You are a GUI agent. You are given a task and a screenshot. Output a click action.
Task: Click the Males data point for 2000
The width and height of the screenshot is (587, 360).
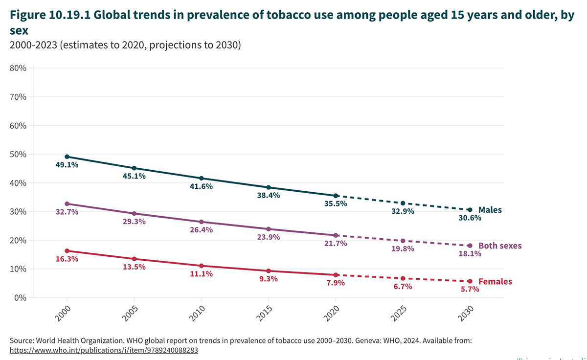pyautogui.click(x=67, y=157)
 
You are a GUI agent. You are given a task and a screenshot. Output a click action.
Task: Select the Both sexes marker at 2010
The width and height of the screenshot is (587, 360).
pyautogui.click(x=202, y=222)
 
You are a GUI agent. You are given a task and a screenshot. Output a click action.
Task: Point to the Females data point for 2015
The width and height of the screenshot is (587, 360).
pyautogui.click(x=269, y=271)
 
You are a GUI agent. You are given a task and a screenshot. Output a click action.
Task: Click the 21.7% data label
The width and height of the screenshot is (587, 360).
pyautogui.click(x=336, y=243)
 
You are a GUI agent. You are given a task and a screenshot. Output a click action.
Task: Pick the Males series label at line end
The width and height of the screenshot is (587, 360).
pyautogui.click(x=490, y=210)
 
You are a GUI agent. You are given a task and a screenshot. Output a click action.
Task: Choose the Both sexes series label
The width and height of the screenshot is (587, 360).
pyautogui.click(x=500, y=246)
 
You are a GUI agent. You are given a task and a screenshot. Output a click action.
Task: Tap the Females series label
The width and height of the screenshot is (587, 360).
pyautogui.click(x=495, y=282)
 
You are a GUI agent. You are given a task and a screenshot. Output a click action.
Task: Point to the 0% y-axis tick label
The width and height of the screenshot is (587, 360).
pyautogui.click(x=20, y=297)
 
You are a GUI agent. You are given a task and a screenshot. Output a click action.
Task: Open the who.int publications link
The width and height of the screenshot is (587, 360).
pyautogui.click(x=104, y=350)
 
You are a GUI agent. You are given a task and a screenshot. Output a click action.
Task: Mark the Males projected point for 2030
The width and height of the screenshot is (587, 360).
pyautogui.click(x=470, y=210)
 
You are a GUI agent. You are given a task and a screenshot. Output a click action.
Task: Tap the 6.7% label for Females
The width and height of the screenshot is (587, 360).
pyautogui.click(x=403, y=286)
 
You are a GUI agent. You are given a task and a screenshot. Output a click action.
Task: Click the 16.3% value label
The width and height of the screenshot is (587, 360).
pyautogui.click(x=67, y=259)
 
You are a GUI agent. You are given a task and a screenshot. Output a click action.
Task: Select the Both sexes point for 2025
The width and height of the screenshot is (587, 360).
pyautogui.click(x=403, y=241)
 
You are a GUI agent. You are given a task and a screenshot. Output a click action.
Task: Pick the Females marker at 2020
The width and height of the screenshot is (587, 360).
pyautogui.click(x=336, y=275)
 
